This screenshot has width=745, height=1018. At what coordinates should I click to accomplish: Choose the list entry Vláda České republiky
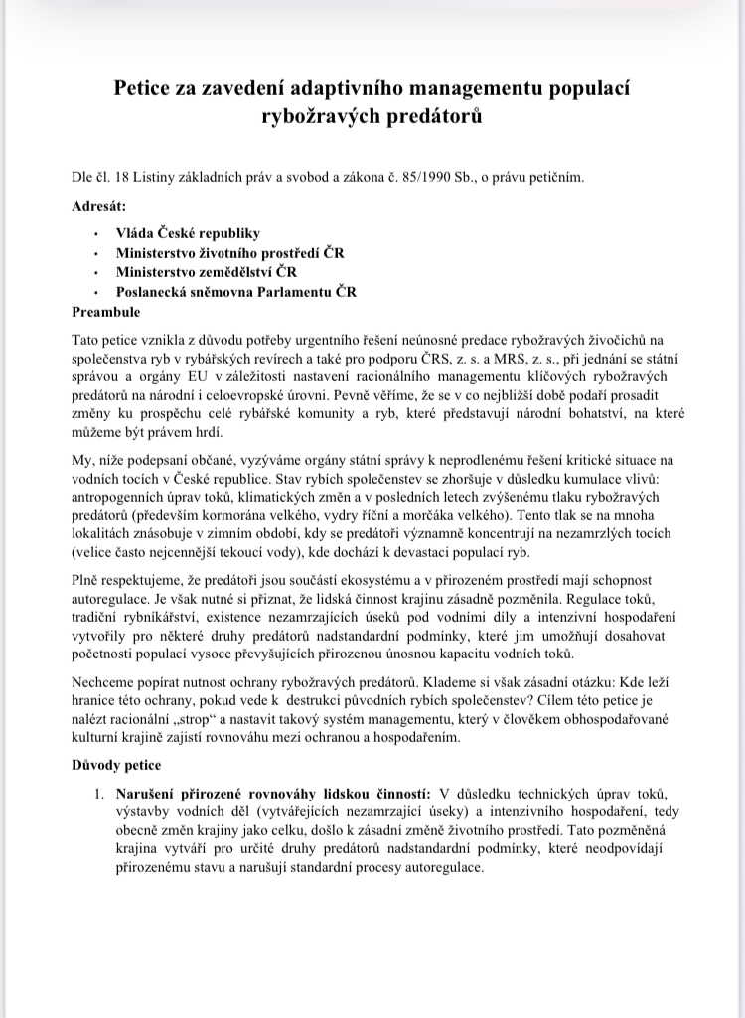tap(188, 233)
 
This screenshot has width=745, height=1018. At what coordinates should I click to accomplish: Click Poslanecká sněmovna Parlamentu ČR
tap(235, 292)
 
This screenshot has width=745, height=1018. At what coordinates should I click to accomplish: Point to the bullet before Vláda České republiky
tap(94, 234)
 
